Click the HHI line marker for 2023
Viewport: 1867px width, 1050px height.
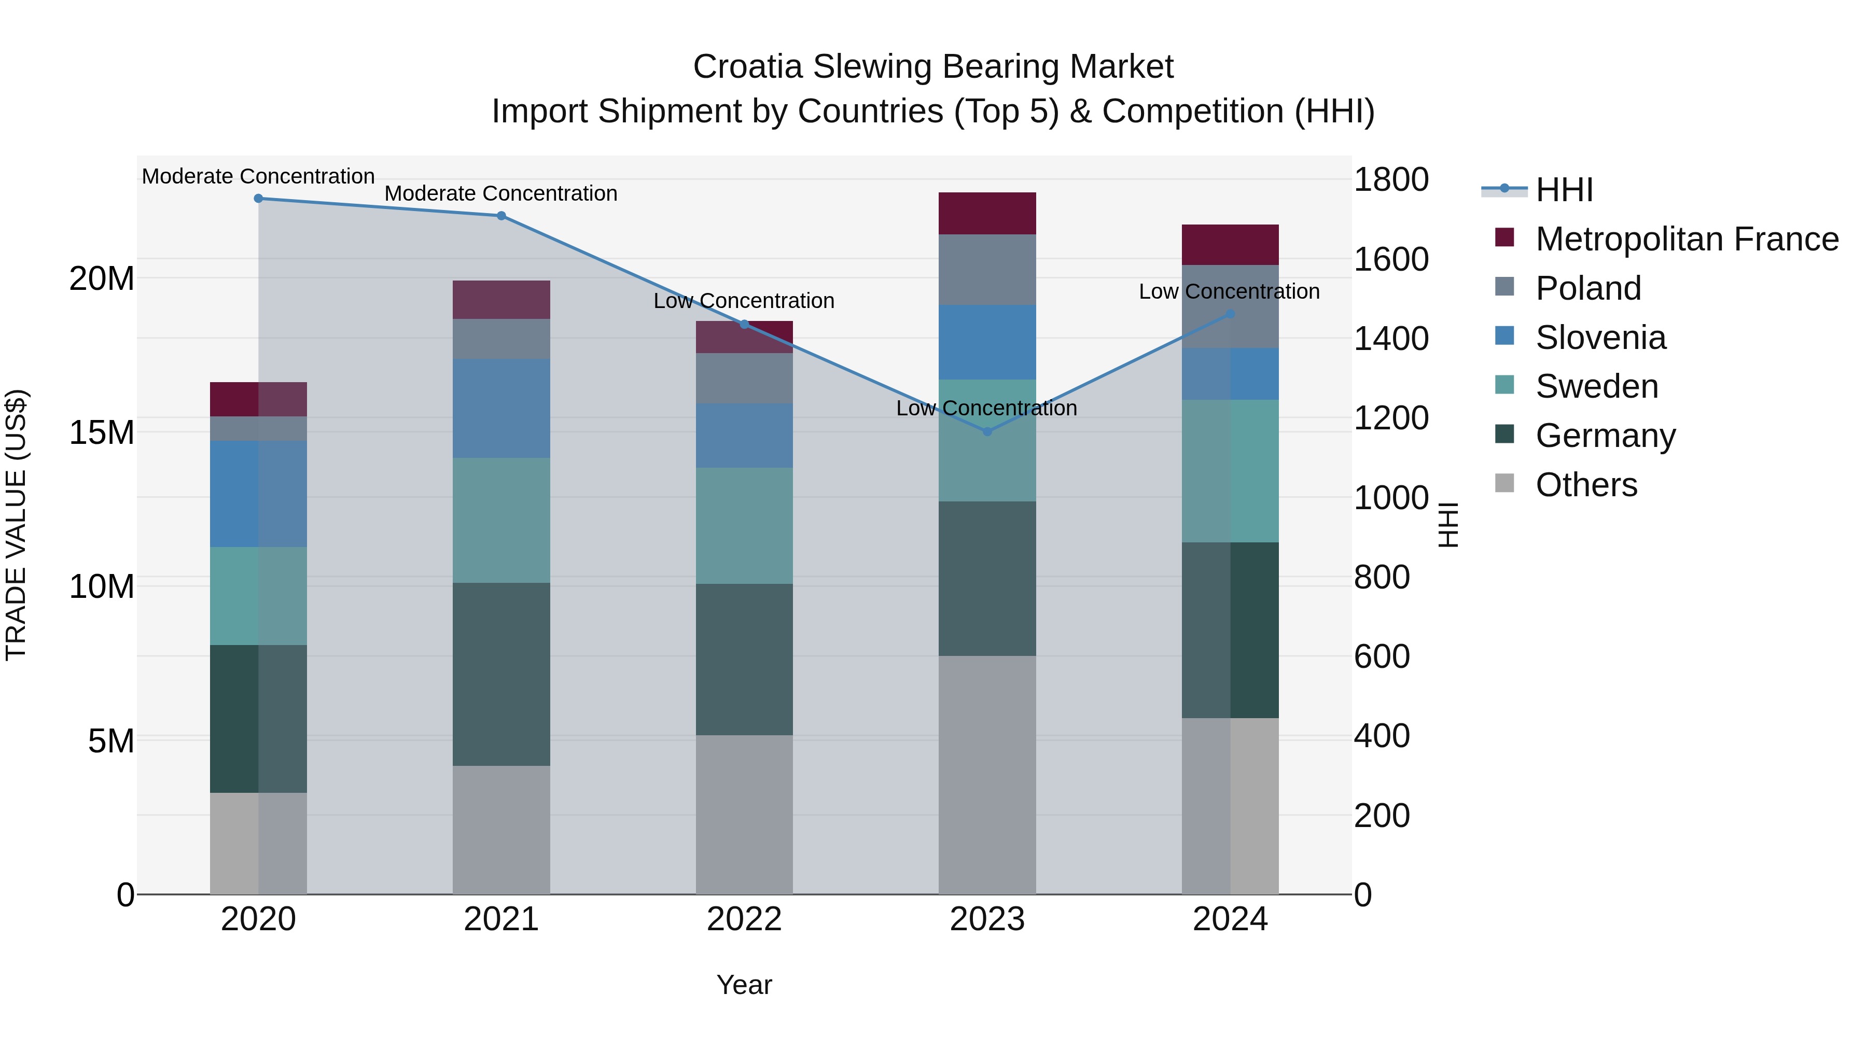[986, 431]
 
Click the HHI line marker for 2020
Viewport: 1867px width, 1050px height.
[258, 198]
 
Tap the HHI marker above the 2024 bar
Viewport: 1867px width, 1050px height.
[1230, 314]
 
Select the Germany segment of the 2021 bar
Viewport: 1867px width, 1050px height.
[501, 674]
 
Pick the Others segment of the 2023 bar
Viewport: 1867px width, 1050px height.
[986, 775]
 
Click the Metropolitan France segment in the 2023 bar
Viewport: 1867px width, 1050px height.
[986, 213]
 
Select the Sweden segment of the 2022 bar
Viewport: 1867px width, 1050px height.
[744, 525]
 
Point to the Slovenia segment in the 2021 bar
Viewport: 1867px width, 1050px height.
[501, 408]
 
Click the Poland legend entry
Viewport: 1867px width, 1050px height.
[1587, 288]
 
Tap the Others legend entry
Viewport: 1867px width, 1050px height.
[1586, 485]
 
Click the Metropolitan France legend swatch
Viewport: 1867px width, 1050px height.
[1504, 237]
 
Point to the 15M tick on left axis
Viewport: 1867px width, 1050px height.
[102, 432]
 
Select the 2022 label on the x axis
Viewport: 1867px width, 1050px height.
[744, 919]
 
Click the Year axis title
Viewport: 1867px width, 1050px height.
[744, 985]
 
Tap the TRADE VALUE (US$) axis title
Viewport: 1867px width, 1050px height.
[16, 525]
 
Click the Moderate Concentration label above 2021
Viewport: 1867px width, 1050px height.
[501, 193]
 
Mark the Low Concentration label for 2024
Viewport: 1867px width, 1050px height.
[1229, 291]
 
